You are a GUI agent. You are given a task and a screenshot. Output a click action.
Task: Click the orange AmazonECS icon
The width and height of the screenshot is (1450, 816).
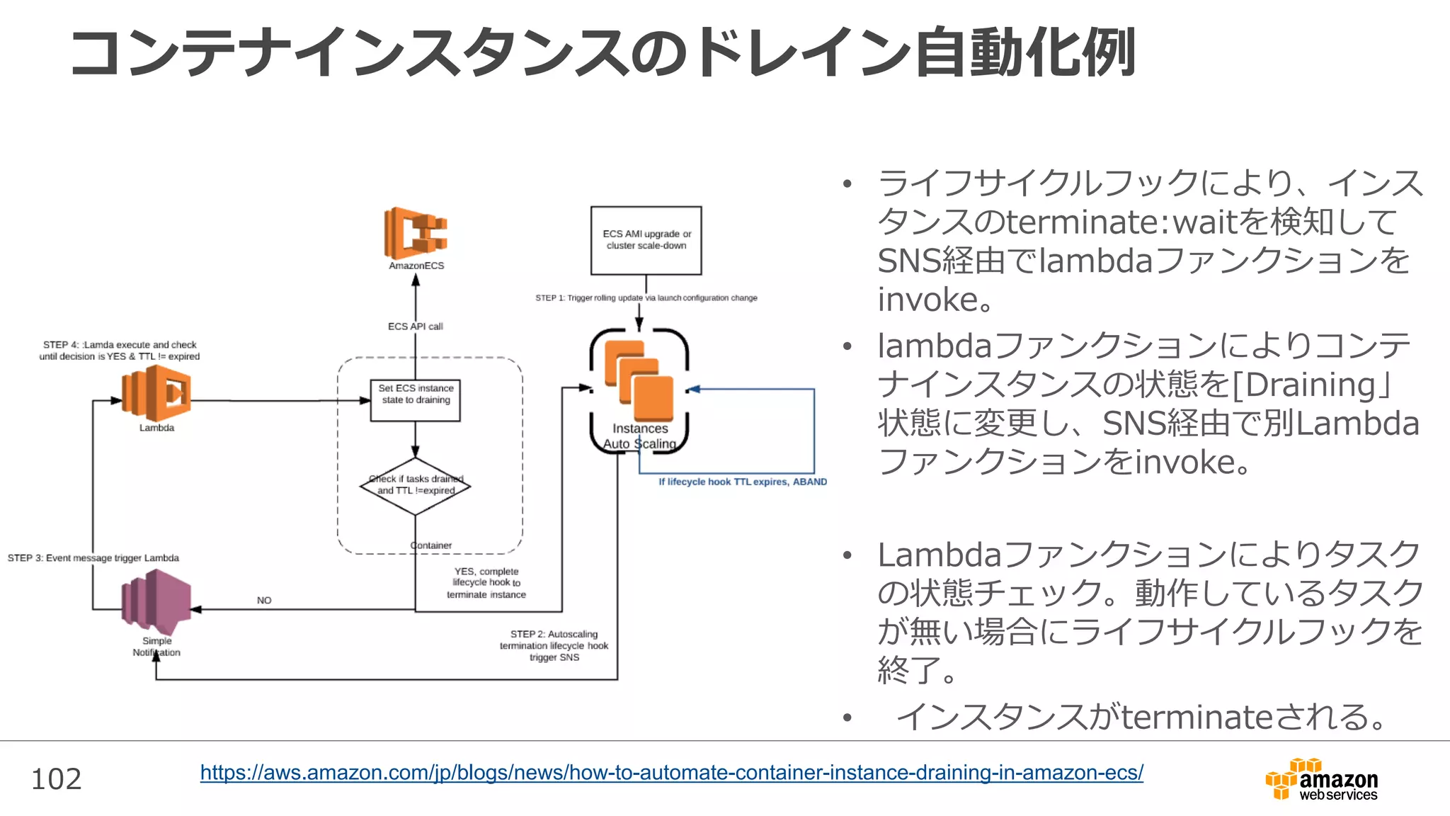click(416, 233)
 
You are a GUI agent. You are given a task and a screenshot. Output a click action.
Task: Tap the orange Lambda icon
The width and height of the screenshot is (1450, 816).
click(156, 394)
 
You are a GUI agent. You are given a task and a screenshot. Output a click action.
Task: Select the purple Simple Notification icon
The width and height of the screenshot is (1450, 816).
click(156, 604)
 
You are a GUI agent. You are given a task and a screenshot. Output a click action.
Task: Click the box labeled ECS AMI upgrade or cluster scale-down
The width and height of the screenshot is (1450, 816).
click(646, 240)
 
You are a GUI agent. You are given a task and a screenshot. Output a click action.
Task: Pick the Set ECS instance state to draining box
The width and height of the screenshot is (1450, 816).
click(416, 400)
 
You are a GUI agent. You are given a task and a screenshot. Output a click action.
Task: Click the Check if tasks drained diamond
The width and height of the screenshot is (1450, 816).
click(416, 485)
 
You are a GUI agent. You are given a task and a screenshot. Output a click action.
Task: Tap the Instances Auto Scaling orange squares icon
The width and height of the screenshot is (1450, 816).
click(639, 381)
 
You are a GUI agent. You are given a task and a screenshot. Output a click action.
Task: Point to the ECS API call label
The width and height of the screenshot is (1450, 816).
click(415, 327)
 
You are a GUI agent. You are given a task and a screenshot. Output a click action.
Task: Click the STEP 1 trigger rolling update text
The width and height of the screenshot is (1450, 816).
click(646, 298)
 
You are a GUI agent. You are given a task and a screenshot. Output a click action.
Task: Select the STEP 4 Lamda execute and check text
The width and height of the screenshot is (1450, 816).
click(120, 351)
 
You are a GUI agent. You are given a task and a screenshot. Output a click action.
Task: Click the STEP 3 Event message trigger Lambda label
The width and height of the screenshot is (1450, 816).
click(93, 558)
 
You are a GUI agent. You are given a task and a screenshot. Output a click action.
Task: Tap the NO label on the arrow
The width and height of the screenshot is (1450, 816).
click(264, 601)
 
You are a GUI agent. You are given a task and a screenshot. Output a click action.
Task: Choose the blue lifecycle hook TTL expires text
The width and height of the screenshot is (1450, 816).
click(742, 482)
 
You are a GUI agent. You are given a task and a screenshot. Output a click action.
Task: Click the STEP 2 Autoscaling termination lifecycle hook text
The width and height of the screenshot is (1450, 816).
click(554, 645)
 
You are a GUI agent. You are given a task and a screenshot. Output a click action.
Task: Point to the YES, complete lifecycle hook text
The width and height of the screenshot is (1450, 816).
click(486, 582)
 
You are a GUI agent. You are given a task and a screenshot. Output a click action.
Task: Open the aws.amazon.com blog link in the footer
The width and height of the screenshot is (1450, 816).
click(671, 772)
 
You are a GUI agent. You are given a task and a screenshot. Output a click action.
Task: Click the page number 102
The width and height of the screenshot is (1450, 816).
click(57, 779)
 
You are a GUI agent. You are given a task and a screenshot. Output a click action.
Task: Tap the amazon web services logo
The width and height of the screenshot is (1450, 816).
click(1321, 780)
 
